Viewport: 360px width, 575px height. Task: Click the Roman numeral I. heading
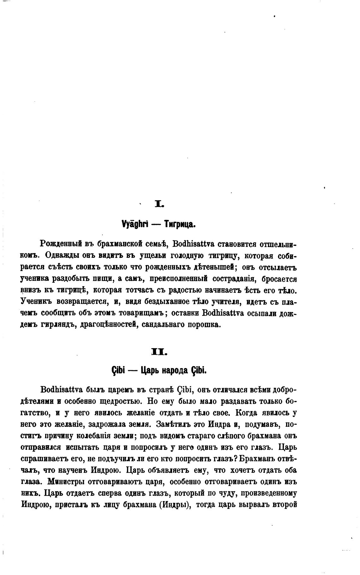click(159, 205)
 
